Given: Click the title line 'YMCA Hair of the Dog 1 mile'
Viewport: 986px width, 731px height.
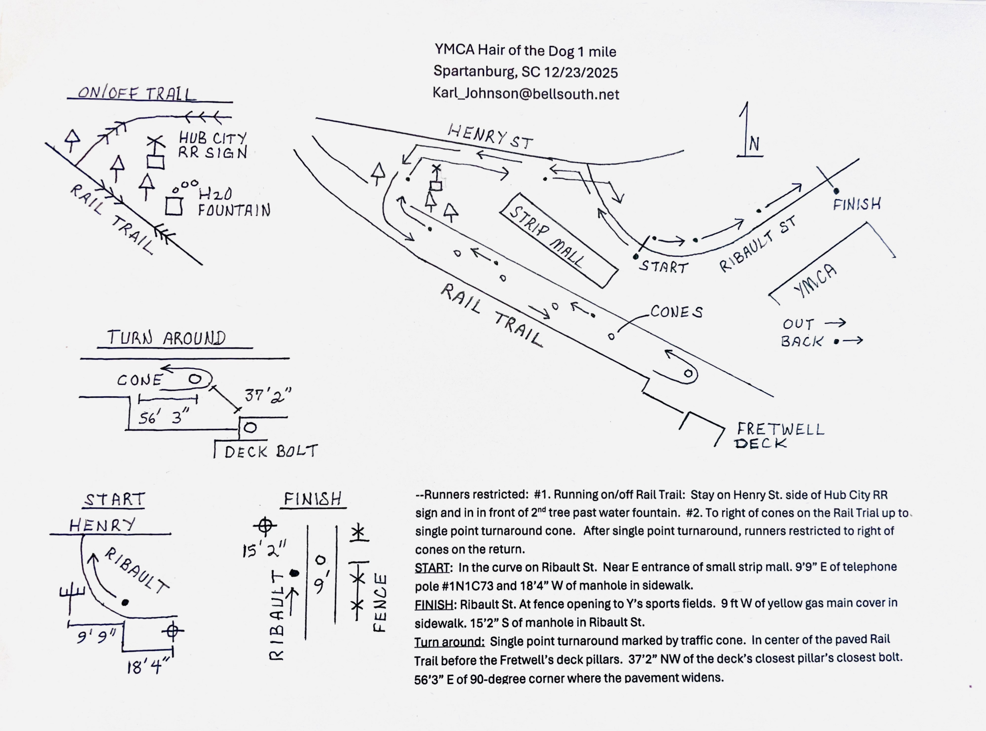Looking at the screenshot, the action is [x=526, y=51].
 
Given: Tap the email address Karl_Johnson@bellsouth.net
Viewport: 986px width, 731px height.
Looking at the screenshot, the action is [x=526, y=94].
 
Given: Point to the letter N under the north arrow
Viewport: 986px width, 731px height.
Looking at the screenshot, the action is [x=754, y=144].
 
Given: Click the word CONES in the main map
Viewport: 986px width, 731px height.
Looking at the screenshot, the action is [x=676, y=312].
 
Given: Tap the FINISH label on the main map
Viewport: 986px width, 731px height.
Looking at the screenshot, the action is [x=857, y=204].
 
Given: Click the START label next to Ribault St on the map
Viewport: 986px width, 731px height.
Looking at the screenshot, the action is [x=664, y=267].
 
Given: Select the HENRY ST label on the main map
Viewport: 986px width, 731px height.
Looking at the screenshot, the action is [x=491, y=136].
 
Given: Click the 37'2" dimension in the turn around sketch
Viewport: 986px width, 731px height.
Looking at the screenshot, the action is [x=268, y=395].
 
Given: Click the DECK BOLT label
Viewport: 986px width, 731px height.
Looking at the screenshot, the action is [x=271, y=452].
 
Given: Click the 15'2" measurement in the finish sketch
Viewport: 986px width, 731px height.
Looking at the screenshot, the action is [x=264, y=549].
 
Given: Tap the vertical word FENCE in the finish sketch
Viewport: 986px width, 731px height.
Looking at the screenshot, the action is [x=380, y=602].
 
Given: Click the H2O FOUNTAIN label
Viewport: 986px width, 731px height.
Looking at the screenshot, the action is [x=234, y=203].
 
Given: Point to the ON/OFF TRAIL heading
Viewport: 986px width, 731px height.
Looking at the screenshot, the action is [x=137, y=93].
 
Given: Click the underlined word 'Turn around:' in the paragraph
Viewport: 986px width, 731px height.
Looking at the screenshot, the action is [x=450, y=641].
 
